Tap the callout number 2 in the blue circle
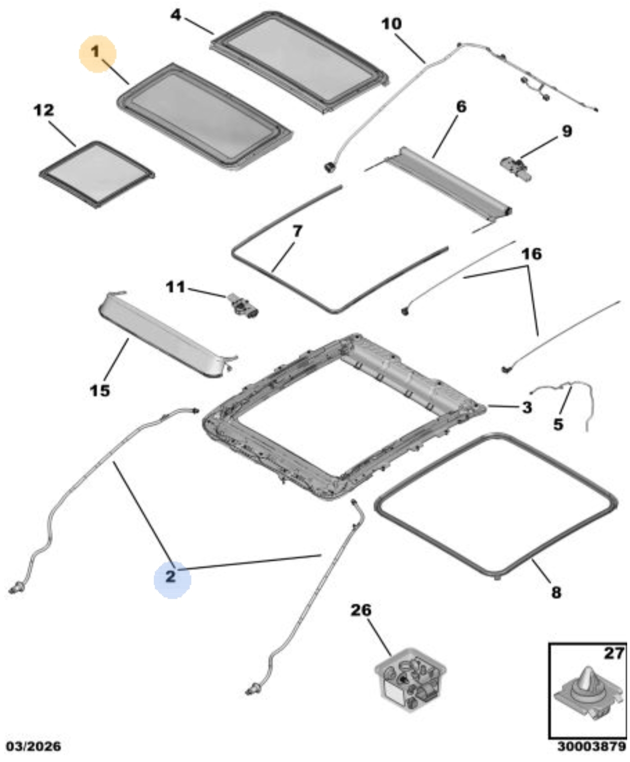pyautogui.click(x=171, y=576)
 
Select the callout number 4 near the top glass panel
pyautogui.click(x=175, y=15)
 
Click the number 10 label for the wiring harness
pyautogui.click(x=391, y=23)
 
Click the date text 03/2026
pyautogui.click(x=33, y=746)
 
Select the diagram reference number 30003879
pyautogui.click(x=591, y=746)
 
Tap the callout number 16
pyautogui.click(x=531, y=254)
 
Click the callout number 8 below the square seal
pyautogui.click(x=556, y=592)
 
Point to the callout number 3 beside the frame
pyautogui.click(x=526, y=407)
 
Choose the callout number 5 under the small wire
pyautogui.click(x=558, y=424)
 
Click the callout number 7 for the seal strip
pyautogui.click(x=297, y=231)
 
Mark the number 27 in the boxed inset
pyautogui.click(x=614, y=653)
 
